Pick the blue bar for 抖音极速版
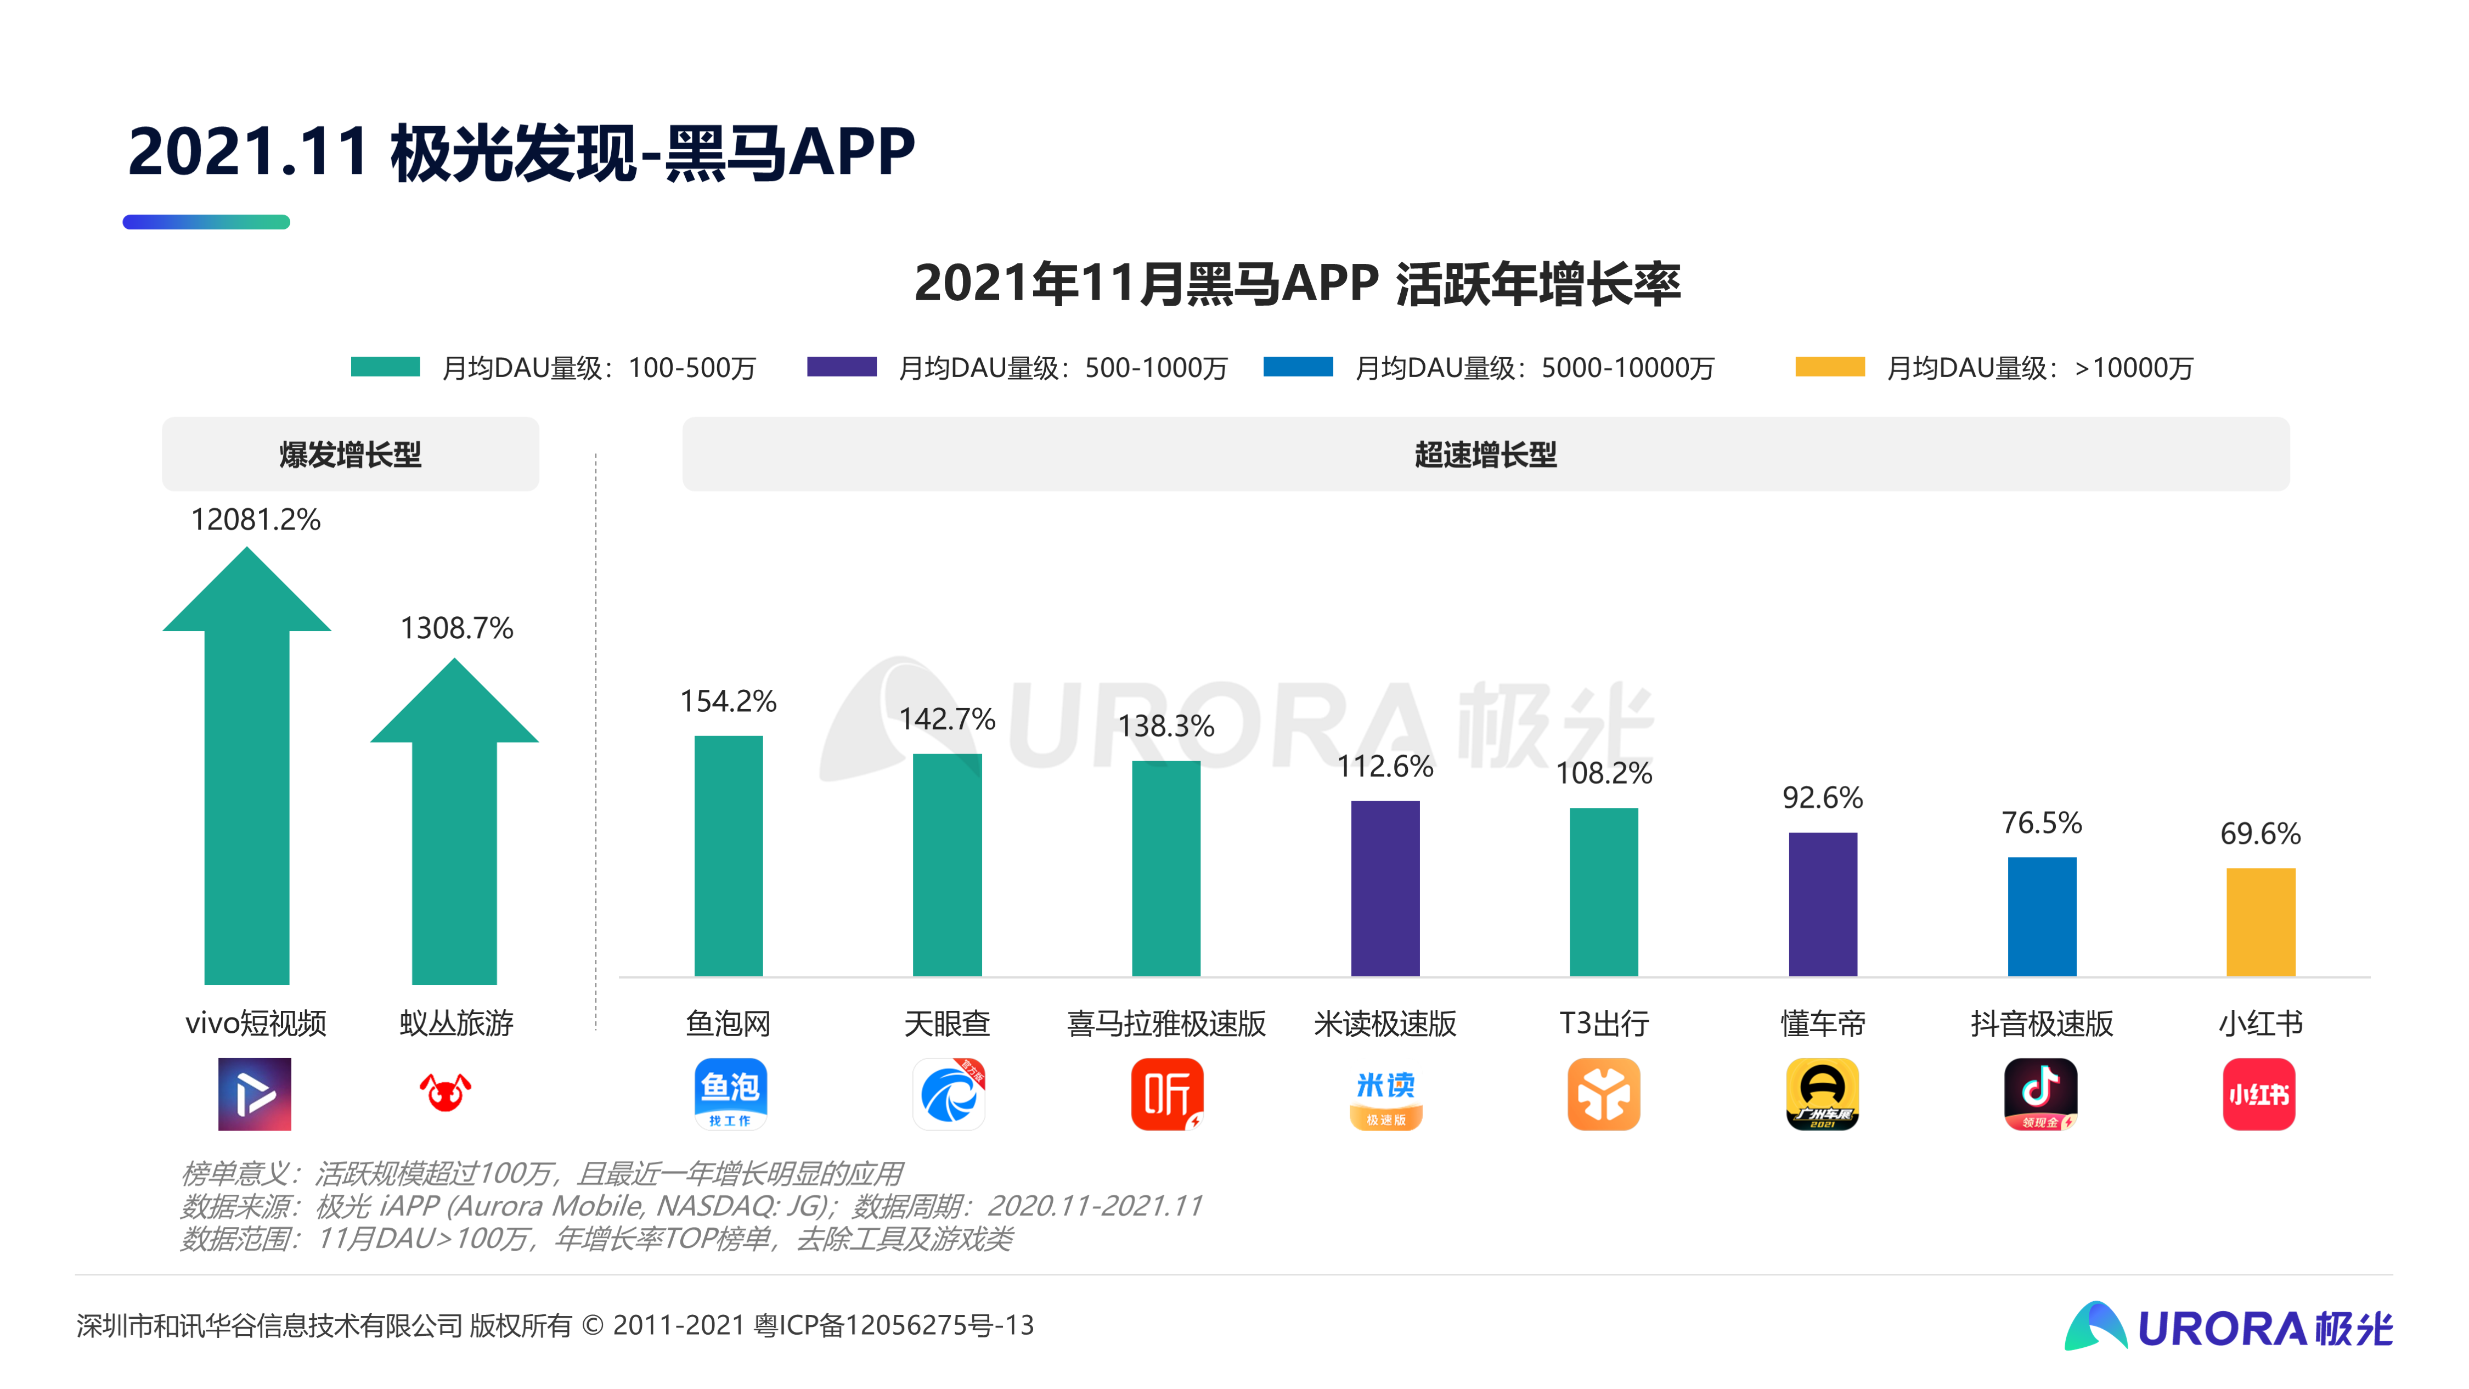(x=2042, y=916)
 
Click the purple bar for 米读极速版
(x=1385, y=888)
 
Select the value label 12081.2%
(x=255, y=520)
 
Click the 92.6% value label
(x=1822, y=797)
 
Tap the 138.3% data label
(x=1165, y=726)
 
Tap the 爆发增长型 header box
(x=350, y=454)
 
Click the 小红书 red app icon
(x=2259, y=1094)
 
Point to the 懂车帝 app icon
(x=1822, y=1094)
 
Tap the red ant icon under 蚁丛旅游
(x=446, y=1092)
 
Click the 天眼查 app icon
(x=948, y=1094)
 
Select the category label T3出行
(x=1604, y=1024)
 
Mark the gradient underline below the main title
(x=206, y=222)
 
